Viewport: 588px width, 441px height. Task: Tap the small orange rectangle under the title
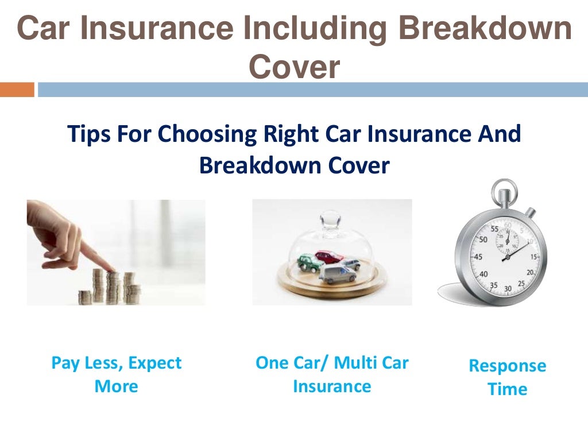point(17,90)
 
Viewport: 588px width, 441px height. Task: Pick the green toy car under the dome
point(310,263)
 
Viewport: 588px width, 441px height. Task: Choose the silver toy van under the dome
point(337,272)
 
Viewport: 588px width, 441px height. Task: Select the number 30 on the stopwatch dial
point(508,288)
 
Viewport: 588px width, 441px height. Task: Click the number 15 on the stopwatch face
point(535,257)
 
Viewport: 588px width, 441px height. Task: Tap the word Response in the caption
point(508,366)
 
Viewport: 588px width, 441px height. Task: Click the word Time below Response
point(507,389)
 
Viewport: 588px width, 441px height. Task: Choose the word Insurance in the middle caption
point(332,386)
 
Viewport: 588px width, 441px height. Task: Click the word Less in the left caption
point(105,363)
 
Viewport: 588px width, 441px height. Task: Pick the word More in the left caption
point(116,386)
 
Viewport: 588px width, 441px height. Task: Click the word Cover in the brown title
point(294,68)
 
